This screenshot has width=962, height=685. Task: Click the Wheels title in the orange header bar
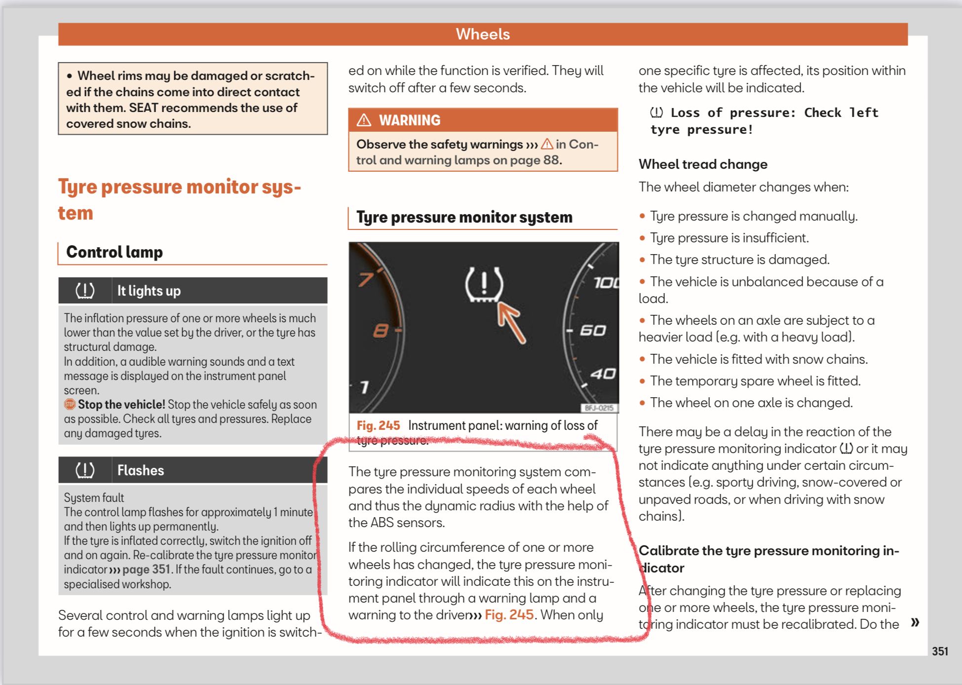(482, 34)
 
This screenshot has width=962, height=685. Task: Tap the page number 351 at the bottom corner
(940, 651)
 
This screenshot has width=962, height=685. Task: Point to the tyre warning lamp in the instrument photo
(484, 285)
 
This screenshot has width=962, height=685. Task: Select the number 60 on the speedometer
(592, 330)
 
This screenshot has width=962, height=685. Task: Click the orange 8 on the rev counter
(381, 330)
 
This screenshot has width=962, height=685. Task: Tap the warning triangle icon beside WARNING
(364, 120)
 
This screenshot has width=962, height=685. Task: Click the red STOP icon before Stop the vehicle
(70, 404)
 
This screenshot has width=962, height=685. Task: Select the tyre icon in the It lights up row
(85, 291)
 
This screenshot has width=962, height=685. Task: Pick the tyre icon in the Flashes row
(85, 470)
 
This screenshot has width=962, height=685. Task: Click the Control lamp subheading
(115, 252)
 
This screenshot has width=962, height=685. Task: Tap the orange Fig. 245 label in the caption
(378, 425)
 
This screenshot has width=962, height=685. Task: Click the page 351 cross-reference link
(146, 570)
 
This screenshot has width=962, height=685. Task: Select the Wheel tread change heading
(703, 164)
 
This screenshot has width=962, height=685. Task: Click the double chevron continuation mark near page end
(915, 622)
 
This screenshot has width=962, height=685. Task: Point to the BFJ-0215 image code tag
(599, 408)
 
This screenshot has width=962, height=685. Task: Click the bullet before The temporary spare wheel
(642, 381)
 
